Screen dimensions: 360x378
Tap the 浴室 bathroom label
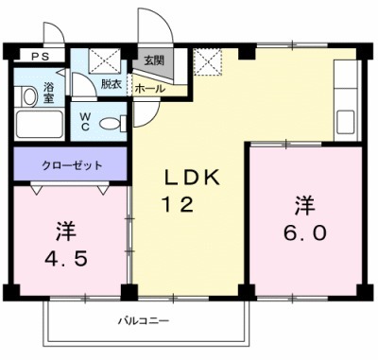(x=49, y=94)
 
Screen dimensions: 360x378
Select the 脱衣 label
(x=112, y=84)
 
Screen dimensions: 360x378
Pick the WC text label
(x=84, y=121)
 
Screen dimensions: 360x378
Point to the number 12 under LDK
(x=182, y=205)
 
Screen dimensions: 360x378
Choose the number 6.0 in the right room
(x=303, y=231)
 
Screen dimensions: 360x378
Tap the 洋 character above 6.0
(x=303, y=203)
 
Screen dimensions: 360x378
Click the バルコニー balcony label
(x=138, y=320)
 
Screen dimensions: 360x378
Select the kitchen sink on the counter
(x=346, y=118)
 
